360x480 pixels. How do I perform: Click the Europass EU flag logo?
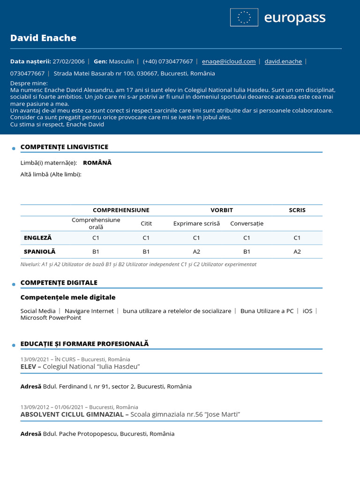pos(244,17)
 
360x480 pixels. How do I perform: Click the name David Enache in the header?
pos(43,38)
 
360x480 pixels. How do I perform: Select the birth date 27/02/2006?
pos(68,61)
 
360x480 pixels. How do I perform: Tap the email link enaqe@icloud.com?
pos(229,61)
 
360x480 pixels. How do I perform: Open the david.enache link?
pos(283,61)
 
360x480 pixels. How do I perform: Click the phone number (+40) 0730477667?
pos(168,61)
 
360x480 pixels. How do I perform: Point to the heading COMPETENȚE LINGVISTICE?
pos(64,147)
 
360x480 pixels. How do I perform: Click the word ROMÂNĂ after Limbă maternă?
pos(97,163)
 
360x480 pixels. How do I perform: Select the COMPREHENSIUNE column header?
pos(121,210)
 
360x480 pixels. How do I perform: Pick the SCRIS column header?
pos(297,210)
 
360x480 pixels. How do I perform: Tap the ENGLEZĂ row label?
pos(38,238)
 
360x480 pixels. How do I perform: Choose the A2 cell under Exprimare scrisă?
pos(196,252)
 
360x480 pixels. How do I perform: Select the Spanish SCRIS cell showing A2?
pos(297,252)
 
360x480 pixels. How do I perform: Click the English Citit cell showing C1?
pos(146,238)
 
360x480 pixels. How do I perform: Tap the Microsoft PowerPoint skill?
pos(51,318)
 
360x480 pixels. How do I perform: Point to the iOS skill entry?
pos(307,311)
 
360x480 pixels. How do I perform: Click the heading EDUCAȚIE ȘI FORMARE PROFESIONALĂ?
pos(84,344)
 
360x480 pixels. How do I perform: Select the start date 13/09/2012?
pos(35,407)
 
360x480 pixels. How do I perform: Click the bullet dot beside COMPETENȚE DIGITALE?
pos(14,285)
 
